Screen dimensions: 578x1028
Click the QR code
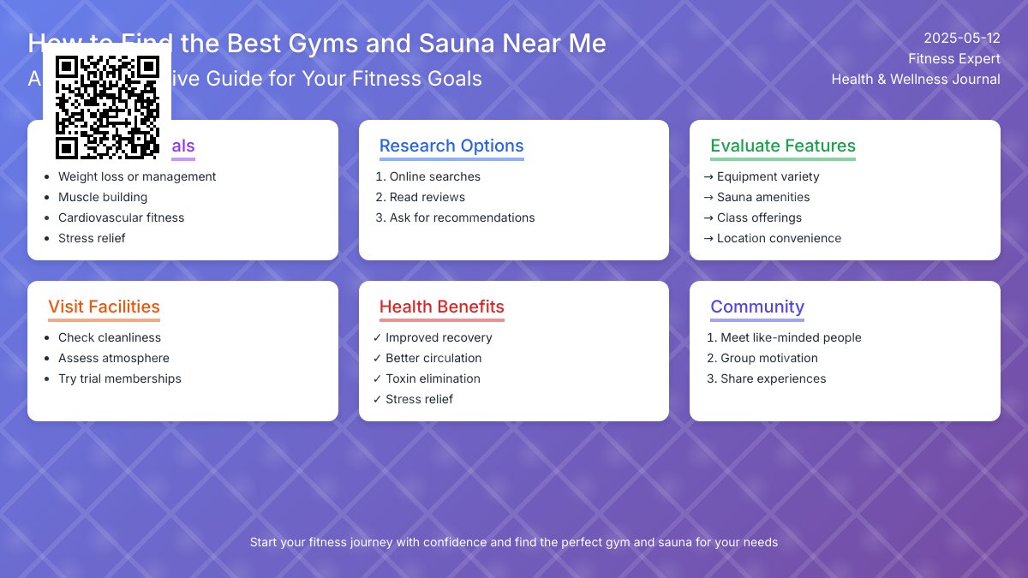[107, 107]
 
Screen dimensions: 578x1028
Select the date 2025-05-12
[961, 38]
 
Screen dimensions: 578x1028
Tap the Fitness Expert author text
[953, 58]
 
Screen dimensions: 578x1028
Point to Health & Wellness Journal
[915, 79]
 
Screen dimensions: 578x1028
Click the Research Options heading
[451, 146]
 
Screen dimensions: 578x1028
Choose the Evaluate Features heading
[782, 146]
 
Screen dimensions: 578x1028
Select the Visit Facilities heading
[104, 307]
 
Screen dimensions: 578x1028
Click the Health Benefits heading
[441, 307]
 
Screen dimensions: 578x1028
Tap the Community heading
[756, 307]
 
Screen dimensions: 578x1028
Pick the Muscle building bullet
[103, 197]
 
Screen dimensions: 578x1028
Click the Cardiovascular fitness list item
[121, 217]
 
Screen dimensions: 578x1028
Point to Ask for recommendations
[462, 217]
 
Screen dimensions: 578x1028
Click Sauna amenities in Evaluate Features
[762, 197]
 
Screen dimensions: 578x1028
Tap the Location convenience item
[779, 238]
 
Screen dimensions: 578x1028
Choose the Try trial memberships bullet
[119, 378]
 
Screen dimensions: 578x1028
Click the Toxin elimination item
[433, 378]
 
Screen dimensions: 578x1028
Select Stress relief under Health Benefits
[419, 399]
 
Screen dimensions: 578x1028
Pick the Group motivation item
[768, 358]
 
